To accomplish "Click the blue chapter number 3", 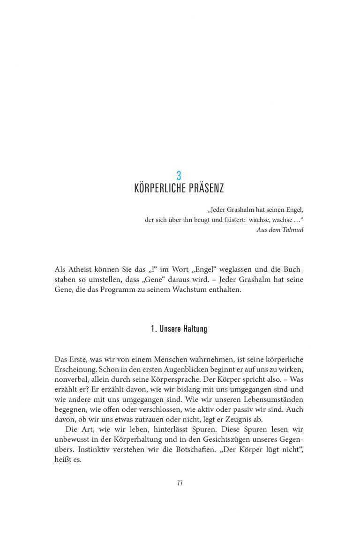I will (x=179, y=176).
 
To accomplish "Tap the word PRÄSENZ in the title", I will (x=207, y=189).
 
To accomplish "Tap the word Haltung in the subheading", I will (x=195, y=329).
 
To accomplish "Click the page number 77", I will (x=180, y=483).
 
